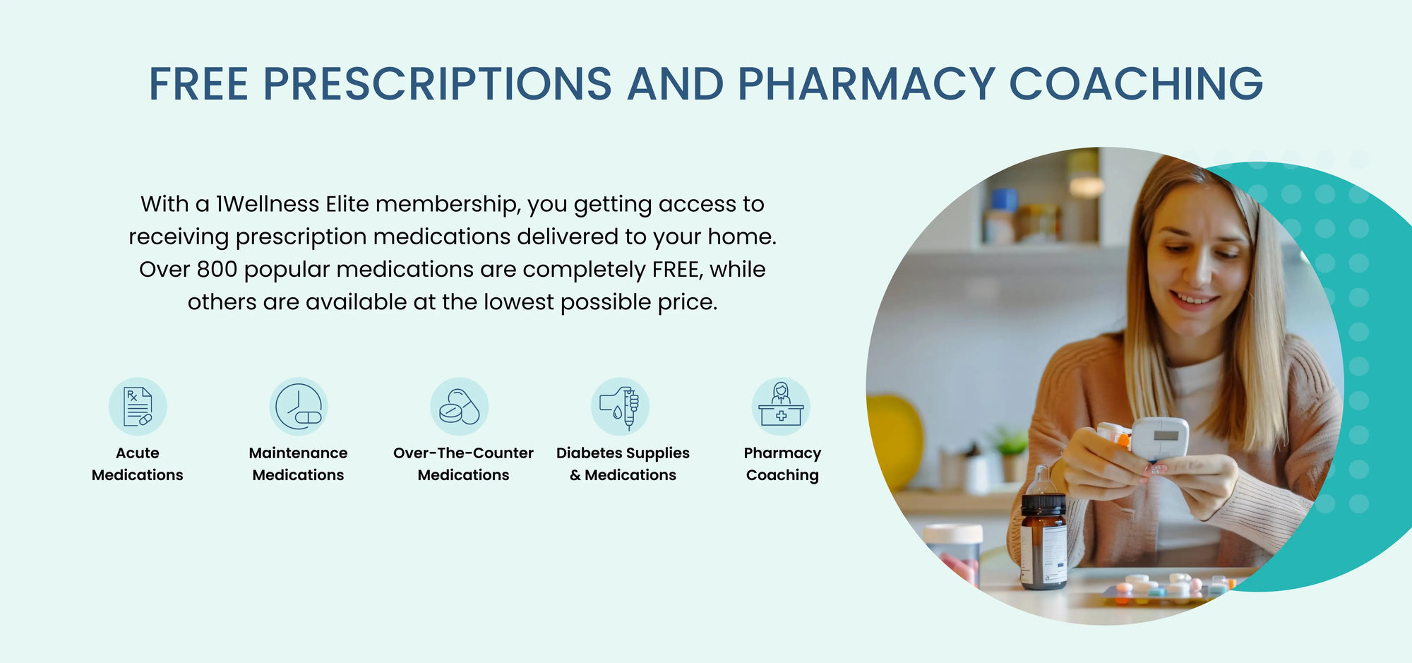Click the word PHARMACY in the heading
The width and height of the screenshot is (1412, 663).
click(x=866, y=84)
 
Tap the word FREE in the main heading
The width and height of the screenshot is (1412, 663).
click(x=198, y=84)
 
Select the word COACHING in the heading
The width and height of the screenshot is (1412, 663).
click(x=1136, y=84)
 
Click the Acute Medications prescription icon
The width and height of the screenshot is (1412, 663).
click(x=138, y=406)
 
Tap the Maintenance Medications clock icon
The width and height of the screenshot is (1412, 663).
click(x=299, y=406)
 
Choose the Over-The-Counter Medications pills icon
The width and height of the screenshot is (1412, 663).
click(x=460, y=406)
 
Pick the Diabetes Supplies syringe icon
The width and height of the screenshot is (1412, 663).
click(x=621, y=406)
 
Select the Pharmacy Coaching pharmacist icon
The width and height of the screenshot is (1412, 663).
click(x=781, y=406)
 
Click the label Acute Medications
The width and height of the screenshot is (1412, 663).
click(x=138, y=464)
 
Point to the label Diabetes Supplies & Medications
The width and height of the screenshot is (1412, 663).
click(x=623, y=464)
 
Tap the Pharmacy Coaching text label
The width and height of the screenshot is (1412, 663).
click(x=782, y=464)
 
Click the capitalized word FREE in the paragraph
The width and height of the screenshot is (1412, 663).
click(x=678, y=270)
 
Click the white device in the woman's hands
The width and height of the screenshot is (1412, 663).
click(x=1159, y=439)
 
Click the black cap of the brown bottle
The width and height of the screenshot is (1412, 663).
click(x=1043, y=504)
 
